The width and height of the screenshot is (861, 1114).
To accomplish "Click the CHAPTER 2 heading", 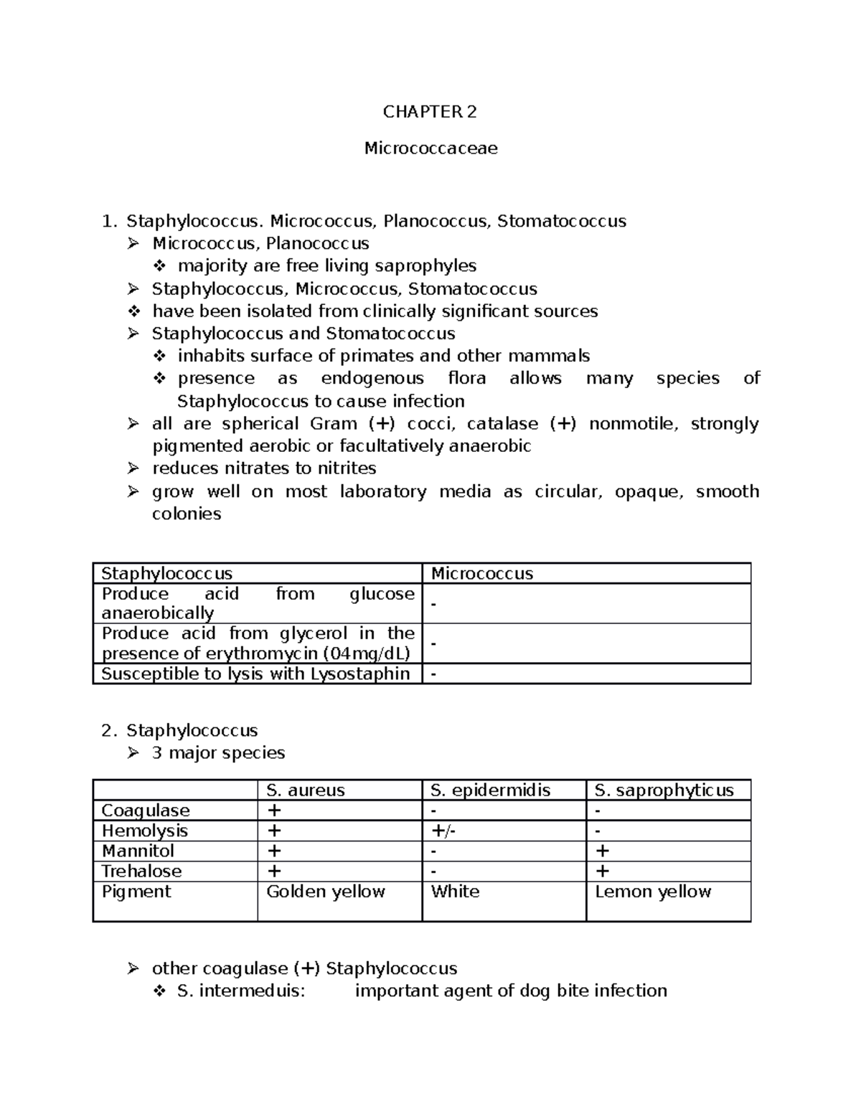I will point(429,112).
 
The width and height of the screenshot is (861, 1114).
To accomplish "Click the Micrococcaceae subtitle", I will point(430,148).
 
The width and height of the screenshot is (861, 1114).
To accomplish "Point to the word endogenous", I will point(372,378).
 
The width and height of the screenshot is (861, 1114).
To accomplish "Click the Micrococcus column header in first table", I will point(481,573).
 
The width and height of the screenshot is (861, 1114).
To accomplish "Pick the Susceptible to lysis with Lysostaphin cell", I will point(255,674).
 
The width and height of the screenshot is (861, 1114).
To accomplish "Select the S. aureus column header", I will point(305,790).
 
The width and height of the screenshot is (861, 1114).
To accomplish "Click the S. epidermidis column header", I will point(490,790).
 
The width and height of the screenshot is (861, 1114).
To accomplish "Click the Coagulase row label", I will point(146,811).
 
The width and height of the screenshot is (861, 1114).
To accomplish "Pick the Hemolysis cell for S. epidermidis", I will point(443,831).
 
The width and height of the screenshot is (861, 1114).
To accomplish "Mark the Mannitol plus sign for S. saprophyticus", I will point(602,851).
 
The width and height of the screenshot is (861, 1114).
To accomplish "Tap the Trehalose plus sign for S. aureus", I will point(273,871).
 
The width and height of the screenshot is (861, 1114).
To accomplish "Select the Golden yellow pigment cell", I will point(325,892).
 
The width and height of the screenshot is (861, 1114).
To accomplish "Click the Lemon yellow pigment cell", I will point(653,892).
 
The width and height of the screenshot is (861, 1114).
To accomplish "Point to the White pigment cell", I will point(455,892).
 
